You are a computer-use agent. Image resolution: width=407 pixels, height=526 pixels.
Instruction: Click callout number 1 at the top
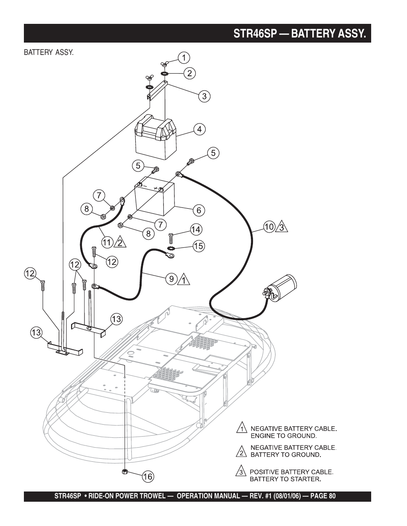coord(184,58)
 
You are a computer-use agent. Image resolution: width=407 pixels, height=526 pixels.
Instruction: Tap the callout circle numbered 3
coord(204,96)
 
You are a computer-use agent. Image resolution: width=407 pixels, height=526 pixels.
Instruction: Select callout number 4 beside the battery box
coord(200,129)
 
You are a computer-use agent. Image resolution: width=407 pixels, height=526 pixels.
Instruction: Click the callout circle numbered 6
coord(199,210)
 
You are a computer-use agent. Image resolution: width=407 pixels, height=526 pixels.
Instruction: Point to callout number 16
coord(148,477)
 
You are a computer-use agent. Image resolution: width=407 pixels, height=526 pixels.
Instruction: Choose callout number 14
coord(196,229)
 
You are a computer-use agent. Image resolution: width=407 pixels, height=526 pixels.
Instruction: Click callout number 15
coord(198,246)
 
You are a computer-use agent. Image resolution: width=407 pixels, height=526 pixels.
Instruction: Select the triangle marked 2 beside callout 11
coord(120,242)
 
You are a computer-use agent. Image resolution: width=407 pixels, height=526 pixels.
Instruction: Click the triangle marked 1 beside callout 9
coord(184,280)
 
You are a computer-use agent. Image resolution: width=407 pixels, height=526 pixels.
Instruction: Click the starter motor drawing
coord(279,288)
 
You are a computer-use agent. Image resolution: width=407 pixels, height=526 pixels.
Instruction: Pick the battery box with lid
coord(155,137)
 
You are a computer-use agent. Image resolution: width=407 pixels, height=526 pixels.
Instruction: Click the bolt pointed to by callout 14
coord(171,239)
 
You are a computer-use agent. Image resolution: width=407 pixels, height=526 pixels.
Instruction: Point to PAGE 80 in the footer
coord(323,496)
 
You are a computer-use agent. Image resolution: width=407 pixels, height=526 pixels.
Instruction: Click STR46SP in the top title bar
coord(255,33)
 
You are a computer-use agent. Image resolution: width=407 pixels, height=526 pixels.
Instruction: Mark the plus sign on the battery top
coord(156,188)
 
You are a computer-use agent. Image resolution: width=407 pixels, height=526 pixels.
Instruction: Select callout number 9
coord(172,279)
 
